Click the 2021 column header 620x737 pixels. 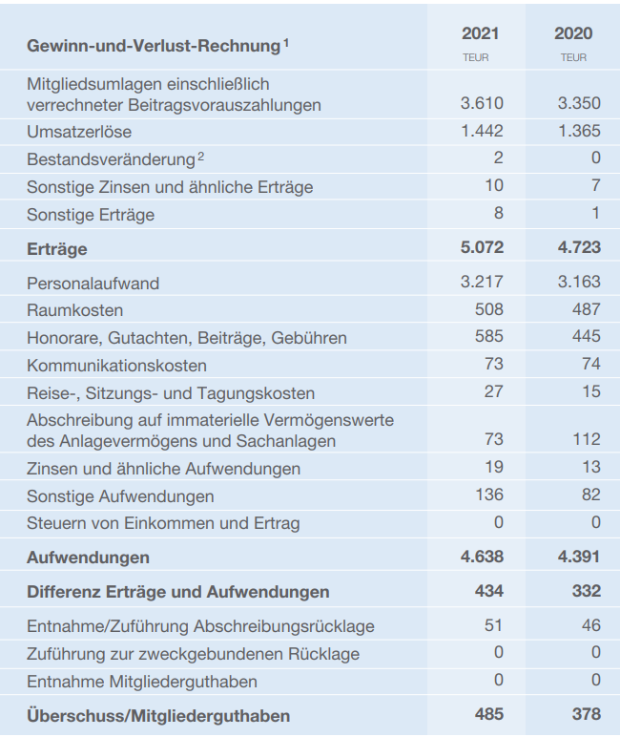[480, 33]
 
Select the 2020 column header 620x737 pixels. [573, 33]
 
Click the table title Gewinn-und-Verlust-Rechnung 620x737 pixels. [154, 46]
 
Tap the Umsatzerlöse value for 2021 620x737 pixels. [482, 131]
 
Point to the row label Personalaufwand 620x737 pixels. [93, 284]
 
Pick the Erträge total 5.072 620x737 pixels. [482, 247]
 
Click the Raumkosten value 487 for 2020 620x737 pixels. [587, 309]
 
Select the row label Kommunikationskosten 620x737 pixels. [116, 366]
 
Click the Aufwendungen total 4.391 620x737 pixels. [579, 557]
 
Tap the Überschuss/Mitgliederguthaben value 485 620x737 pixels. [489, 714]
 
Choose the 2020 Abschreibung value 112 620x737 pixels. [587, 439]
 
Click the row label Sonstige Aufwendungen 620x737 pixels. [120, 496]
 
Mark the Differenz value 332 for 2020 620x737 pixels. [587, 591]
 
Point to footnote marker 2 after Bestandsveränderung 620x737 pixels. [200, 156]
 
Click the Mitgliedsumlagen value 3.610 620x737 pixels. [482, 103]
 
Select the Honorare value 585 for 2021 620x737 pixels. [489, 336]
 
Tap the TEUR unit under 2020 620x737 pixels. [573, 58]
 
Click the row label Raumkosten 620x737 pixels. [74, 310]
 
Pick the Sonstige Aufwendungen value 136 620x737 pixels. [489, 495]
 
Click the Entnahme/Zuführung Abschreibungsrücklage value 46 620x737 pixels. [590, 625]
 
